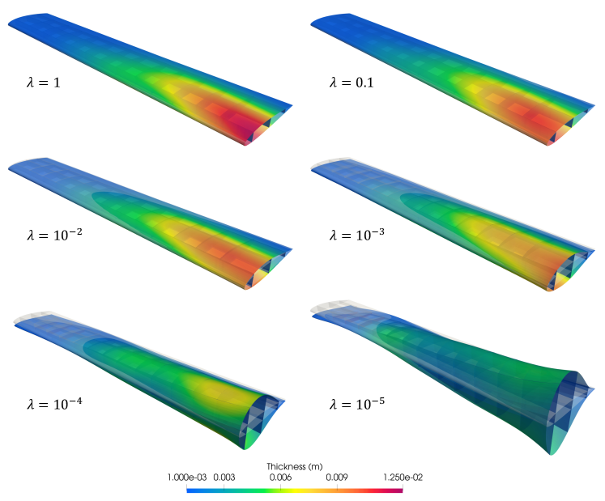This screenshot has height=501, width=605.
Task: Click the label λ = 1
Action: pyautogui.click(x=43, y=82)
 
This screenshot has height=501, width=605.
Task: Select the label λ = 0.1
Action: pyautogui.click(x=351, y=82)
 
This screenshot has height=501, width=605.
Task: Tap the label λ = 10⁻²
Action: pyautogui.click(x=54, y=234)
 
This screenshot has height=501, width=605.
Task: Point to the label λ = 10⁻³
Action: pyautogui.click(x=357, y=234)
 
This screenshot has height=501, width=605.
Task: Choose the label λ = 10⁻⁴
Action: pyautogui.click(x=54, y=403)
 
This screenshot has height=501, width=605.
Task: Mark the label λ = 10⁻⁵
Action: pyautogui.click(x=357, y=403)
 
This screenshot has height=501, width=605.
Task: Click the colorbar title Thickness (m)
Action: pyautogui.click(x=294, y=467)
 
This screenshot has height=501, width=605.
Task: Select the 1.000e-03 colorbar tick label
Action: pyautogui.click(x=187, y=478)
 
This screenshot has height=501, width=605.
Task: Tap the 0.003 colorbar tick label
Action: pyautogui.click(x=224, y=478)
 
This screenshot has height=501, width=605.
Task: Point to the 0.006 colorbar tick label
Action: pyautogui.click(x=280, y=478)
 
